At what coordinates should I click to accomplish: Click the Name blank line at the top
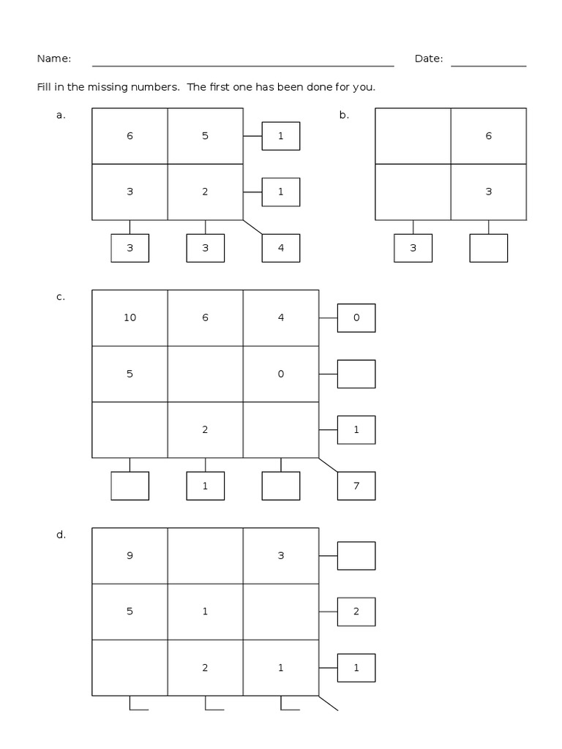[243, 65]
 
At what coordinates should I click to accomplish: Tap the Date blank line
[488, 65]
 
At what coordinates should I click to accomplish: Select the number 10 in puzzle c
[130, 317]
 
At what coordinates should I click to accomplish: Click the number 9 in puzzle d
[130, 556]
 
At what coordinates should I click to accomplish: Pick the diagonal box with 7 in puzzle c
[356, 486]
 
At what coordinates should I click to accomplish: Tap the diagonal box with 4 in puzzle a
[281, 248]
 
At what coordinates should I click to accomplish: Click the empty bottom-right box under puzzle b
[488, 248]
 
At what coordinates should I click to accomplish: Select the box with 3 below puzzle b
[413, 248]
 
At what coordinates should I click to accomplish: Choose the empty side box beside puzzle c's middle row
[356, 374]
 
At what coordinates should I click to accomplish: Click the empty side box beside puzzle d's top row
[356, 556]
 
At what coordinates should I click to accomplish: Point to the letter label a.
[61, 115]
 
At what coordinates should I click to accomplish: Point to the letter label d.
[61, 535]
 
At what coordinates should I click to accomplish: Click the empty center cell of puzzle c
[205, 374]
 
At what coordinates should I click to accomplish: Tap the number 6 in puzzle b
[488, 136]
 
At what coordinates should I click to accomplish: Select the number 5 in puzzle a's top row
[205, 136]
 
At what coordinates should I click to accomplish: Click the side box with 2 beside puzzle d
[356, 611]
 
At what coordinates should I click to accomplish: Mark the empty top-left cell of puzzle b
[413, 136]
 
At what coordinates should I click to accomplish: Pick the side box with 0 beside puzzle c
[356, 317]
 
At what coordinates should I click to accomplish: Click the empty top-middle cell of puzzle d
[205, 556]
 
